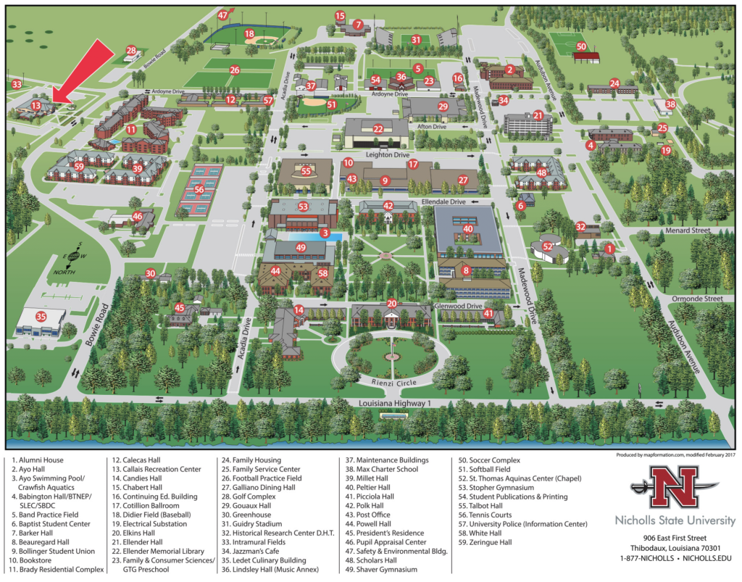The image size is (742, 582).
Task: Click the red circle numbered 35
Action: tap(41, 316)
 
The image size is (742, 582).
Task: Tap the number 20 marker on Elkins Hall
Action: tap(391, 304)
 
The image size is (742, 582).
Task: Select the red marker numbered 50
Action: tap(580, 46)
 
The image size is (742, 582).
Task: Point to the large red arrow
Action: tap(82, 70)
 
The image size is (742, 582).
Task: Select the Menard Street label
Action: tap(689, 231)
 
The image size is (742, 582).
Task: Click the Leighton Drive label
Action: tap(385, 155)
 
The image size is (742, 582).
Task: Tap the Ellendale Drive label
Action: tap(448, 202)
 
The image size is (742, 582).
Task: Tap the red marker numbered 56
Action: tap(199, 190)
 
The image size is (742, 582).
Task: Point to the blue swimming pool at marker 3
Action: tap(303, 236)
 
